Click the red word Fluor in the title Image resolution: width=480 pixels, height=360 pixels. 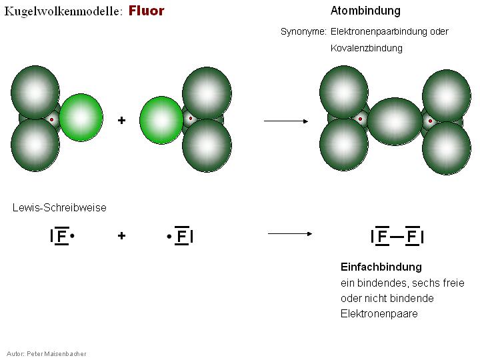click(x=146, y=11)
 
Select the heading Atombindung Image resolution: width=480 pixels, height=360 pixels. click(x=365, y=11)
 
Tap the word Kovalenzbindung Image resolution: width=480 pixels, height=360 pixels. click(x=366, y=48)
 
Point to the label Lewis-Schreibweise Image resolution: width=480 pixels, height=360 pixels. click(x=59, y=207)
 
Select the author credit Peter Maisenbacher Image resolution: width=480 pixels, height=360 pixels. click(x=56, y=353)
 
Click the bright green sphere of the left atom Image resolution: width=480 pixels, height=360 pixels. click(x=81, y=117)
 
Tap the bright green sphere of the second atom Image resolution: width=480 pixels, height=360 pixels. click(x=161, y=120)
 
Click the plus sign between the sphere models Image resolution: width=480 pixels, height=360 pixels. click(x=121, y=121)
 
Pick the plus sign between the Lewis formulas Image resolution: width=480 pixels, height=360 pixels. click(x=121, y=235)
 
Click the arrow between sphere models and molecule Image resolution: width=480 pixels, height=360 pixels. click(x=286, y=121)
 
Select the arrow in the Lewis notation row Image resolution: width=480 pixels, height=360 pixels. click(x=290, y=233)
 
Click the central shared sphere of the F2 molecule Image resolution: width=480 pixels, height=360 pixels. click(x=395, y=121)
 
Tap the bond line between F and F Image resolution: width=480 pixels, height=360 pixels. click(x=397, y=236)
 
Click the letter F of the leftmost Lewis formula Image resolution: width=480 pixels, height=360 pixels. click(x=61, y=236)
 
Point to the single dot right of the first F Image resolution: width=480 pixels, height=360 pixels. click(x=72, y=236)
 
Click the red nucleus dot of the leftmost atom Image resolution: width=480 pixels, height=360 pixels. click(x=51, y=120)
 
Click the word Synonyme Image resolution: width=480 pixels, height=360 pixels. click(x=303, y=31)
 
